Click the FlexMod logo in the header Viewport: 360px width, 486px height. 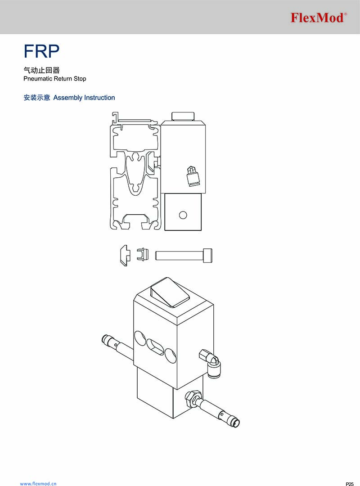pos(319,18)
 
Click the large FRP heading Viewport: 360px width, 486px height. pos(41,51)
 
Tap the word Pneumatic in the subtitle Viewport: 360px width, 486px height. pos(37,79)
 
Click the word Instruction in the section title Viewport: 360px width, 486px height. pos(99,98)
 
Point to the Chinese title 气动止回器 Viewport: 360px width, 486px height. pos(41,70)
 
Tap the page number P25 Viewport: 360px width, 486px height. pos(350,484)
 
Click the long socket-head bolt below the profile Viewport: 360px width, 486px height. pos(184,256)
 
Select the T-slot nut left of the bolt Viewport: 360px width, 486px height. pos(125,256)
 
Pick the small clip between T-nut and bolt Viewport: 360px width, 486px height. pos(143,254)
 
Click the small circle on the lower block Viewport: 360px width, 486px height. pos(183,215)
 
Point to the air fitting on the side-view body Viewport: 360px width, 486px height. pos(193,177)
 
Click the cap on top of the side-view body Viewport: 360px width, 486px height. pos(183,117)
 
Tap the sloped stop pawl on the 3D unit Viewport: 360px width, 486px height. pos(170,292)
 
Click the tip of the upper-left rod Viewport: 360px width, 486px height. pos(104,339)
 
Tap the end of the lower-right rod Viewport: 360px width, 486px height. pos(236,423)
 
